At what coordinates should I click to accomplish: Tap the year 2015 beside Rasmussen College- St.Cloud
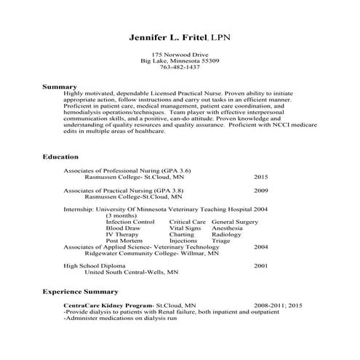(261, 177)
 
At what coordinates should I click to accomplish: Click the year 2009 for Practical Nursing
(261, 191)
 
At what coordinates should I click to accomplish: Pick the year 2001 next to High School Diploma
(261, 266)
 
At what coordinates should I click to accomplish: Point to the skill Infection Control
(130, 221)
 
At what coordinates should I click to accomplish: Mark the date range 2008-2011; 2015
(277, 306)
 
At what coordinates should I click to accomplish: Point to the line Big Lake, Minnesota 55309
(180, 61)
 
